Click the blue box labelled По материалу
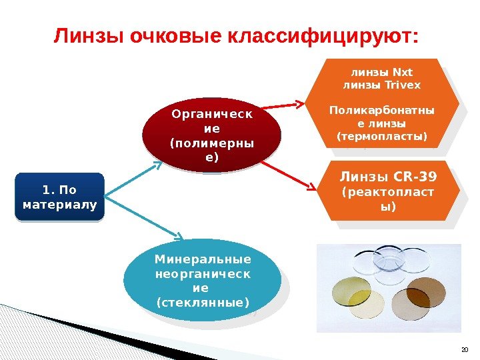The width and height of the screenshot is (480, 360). coord(59,197)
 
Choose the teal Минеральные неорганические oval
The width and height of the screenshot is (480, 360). coord(202,280)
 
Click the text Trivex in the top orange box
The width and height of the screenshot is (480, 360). coord(401,85)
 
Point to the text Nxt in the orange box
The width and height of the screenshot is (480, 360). coord(403,72)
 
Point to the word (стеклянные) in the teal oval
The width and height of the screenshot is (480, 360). coord(202,303)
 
